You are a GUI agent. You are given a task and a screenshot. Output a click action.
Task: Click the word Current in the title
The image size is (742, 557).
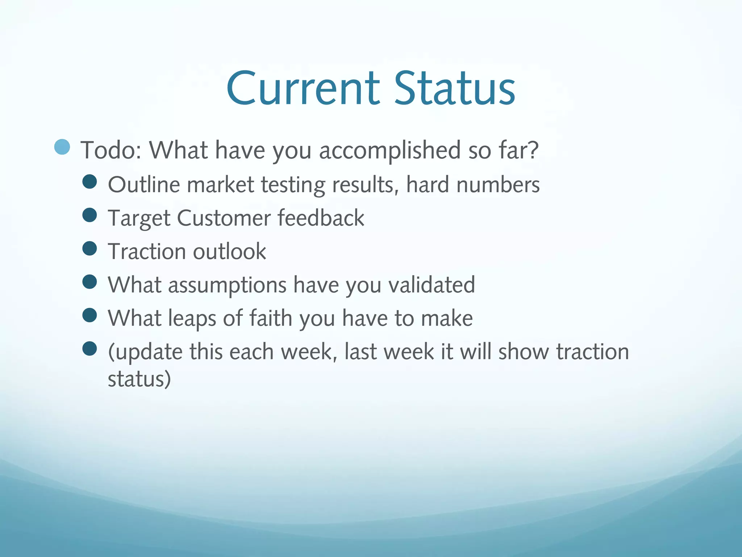pyautogui.click(x=303, y=89)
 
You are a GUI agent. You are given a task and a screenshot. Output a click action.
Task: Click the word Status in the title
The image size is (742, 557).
pyautogui.click(x=454, y=89)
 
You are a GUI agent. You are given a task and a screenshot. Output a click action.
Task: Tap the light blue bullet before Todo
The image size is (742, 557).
pyautogui.click(x=62, y=147)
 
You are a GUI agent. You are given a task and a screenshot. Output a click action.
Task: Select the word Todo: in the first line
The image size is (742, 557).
pyautogui.click(x=111, y=150)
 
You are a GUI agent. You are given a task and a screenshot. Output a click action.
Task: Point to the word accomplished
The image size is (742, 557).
pyautogui.click(x=389, y=151)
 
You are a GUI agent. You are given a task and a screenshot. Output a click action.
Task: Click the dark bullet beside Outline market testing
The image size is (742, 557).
pyautogui.click(x=89, y=182)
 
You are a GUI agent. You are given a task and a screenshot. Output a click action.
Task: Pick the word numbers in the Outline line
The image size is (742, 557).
pyautogui.click(x=498, y=185)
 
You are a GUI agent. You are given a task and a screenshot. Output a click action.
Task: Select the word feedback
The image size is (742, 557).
pyautogui.click(x=321, y=218)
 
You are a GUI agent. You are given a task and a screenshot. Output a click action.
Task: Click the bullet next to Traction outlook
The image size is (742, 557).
pyautogui.click(x=89, y=249)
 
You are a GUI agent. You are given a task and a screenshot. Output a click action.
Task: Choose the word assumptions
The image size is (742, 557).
pyautogui.click(x=227, y=285)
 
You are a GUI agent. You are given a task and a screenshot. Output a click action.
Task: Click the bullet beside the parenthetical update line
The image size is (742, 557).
pyautogui.click(x=89, y=349)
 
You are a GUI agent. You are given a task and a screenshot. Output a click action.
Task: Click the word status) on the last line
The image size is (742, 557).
pyautogui.click(x=139, y=379)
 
